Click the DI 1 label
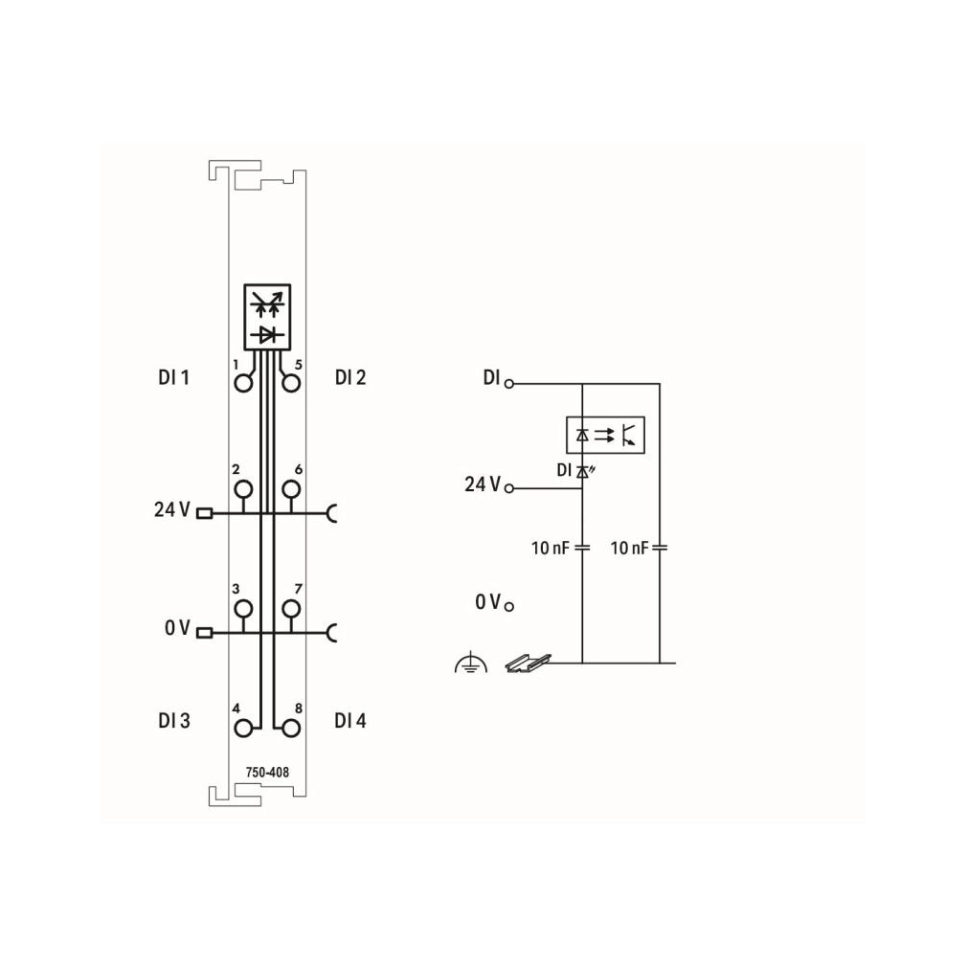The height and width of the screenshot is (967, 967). (173, 377)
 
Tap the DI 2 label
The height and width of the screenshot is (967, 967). (350, 377)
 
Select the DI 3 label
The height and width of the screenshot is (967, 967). (174, 720)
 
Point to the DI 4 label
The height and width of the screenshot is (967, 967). (350, 720)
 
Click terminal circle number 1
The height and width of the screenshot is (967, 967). (243, 384)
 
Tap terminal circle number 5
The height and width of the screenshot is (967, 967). (291, 384)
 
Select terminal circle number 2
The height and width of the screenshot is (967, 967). (243, 489)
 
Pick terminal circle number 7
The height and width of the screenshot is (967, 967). (291, 609)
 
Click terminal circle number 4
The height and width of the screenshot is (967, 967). (243, 729)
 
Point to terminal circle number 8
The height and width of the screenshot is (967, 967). (291, 729)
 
